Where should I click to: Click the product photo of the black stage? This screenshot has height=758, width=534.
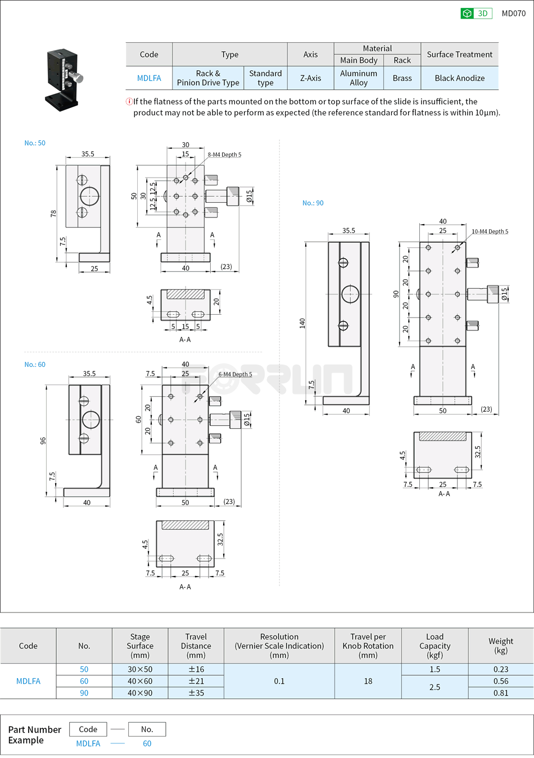coord(64,79)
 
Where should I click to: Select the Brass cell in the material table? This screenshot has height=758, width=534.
coord(402,78)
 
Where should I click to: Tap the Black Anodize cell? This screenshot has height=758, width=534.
coord(459,78)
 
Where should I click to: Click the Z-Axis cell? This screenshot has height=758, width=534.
coord(310,78)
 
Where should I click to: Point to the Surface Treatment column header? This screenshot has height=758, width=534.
coord(459,55)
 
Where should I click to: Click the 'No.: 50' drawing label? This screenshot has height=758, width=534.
coord(35,143)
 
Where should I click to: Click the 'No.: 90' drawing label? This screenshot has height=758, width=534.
coord(313,203)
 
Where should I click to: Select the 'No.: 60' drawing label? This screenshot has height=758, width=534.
coord(35,365)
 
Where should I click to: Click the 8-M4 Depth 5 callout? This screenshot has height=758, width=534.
coord(224,155)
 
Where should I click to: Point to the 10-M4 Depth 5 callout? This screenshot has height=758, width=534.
coord(490,232)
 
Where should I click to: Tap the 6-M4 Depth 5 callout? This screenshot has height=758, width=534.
coord(235,374)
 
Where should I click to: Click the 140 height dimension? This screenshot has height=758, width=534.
coord(302,323)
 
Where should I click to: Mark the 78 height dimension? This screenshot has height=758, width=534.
coord(53,214)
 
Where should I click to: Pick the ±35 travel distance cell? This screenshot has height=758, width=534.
coord(196,693)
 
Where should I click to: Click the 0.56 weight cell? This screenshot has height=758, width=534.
coord(500,681)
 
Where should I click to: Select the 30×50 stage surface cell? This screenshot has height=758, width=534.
coord(140,669)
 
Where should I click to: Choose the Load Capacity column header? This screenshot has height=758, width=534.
coord(435,646)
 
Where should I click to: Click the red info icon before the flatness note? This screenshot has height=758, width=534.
coord(129,102)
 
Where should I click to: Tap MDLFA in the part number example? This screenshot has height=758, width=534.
coord(88,743)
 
